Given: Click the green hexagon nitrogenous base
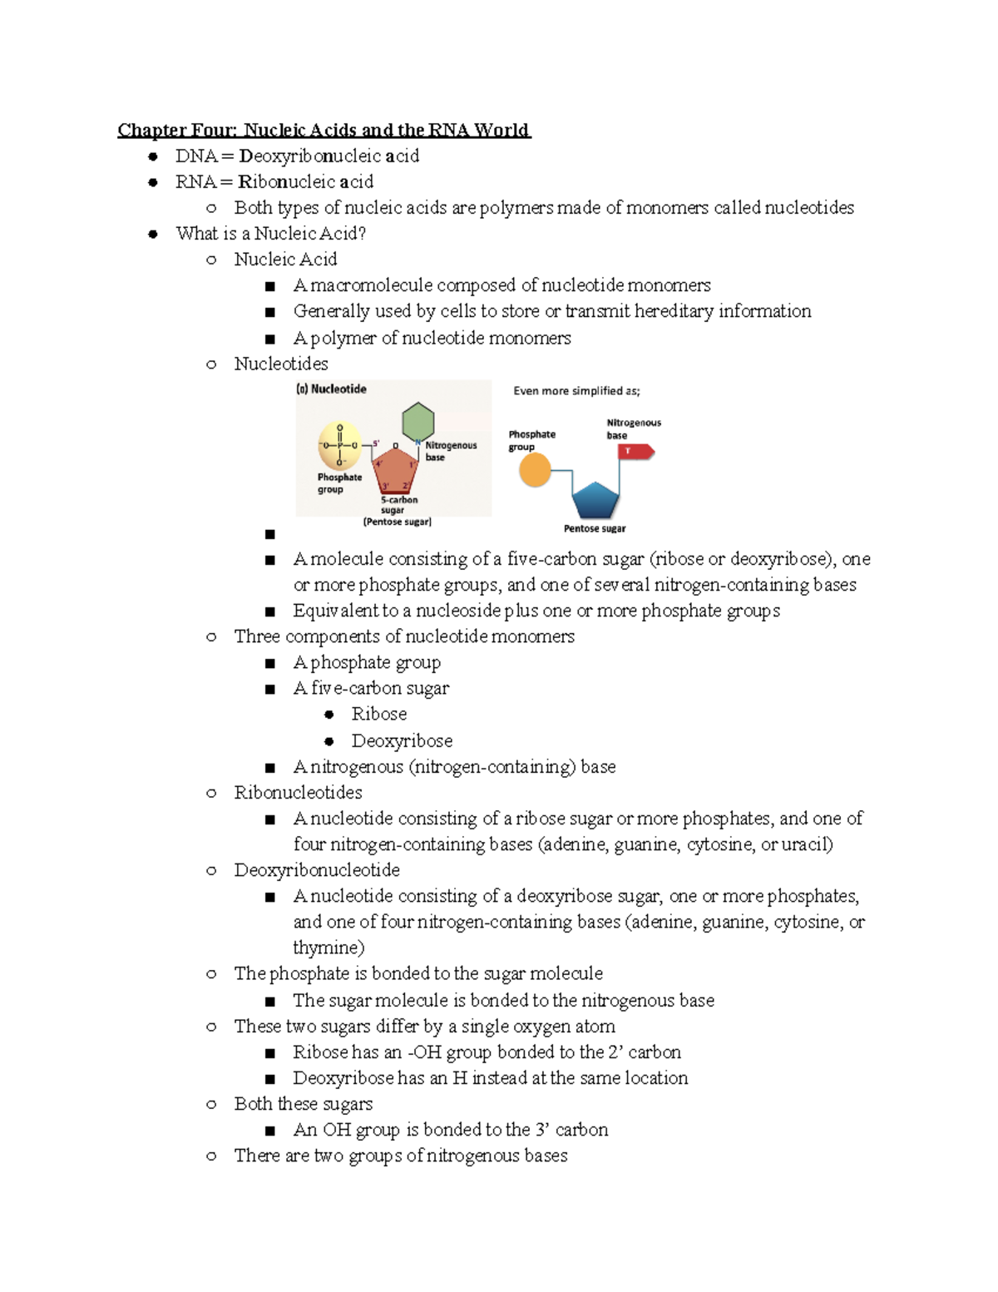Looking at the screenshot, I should (x=417, y=422).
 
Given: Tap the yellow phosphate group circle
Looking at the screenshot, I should (x=339, y=446).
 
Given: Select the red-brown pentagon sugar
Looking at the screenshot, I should (x=395, y=471).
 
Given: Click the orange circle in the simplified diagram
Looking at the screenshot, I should (x=535, y=471).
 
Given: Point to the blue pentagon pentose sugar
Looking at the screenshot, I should (x=595, y=501).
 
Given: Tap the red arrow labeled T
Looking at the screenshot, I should (x=636, y=451).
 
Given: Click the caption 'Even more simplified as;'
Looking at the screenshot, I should (x=576, y=391).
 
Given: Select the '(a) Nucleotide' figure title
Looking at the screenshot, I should (x=332, y=389).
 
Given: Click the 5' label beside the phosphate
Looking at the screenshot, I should (x=376, y=443).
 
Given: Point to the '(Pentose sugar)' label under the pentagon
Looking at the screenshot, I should (x=397, y=522).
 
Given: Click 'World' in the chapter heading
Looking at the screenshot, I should (x=501, y=130).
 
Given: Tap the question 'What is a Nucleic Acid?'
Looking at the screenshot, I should (x=271, y=234).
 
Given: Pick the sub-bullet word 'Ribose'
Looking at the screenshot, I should (x=378, y=714).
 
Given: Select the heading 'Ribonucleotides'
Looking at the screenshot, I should (x=298, y=792).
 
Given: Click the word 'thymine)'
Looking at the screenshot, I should (x=329, y=948).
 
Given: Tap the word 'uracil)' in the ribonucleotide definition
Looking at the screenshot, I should (x=807, y=844).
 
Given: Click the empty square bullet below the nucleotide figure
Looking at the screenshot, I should (x=269, y=534).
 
